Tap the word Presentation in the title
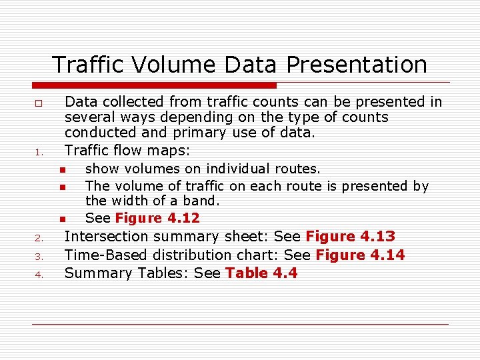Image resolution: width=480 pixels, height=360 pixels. [357, 65]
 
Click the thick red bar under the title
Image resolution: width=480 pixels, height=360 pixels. [155, 85]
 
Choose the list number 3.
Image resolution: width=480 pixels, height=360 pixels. [39, 257]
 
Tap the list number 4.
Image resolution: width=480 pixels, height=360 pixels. [39, 275]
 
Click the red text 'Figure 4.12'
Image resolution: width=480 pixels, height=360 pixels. [157, 218]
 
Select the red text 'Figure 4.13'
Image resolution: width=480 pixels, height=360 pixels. [350, 236]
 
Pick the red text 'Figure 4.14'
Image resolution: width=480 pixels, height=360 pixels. [360, 255]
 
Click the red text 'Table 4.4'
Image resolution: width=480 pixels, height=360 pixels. [261, 273]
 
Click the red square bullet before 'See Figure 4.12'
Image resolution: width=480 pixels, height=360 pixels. [61, 219]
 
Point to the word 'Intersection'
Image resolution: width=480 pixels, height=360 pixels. [105, 236]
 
